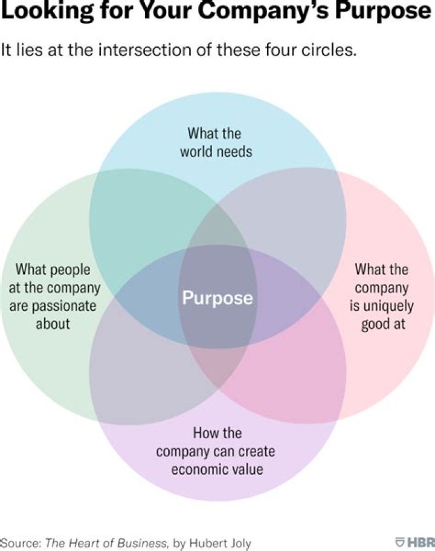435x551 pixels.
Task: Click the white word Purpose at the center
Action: click(x=217, y=298)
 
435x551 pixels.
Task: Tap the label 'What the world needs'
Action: click(x=216, y=142)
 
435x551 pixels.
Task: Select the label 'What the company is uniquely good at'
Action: click(x=382, y=297)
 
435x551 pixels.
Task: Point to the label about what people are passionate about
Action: click(x=54, y=297)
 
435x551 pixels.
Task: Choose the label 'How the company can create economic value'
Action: click(x=216, y=451)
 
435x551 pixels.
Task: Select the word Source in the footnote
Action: click(x=21, y=543)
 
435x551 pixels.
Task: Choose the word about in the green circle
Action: click(x=53, y=324)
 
